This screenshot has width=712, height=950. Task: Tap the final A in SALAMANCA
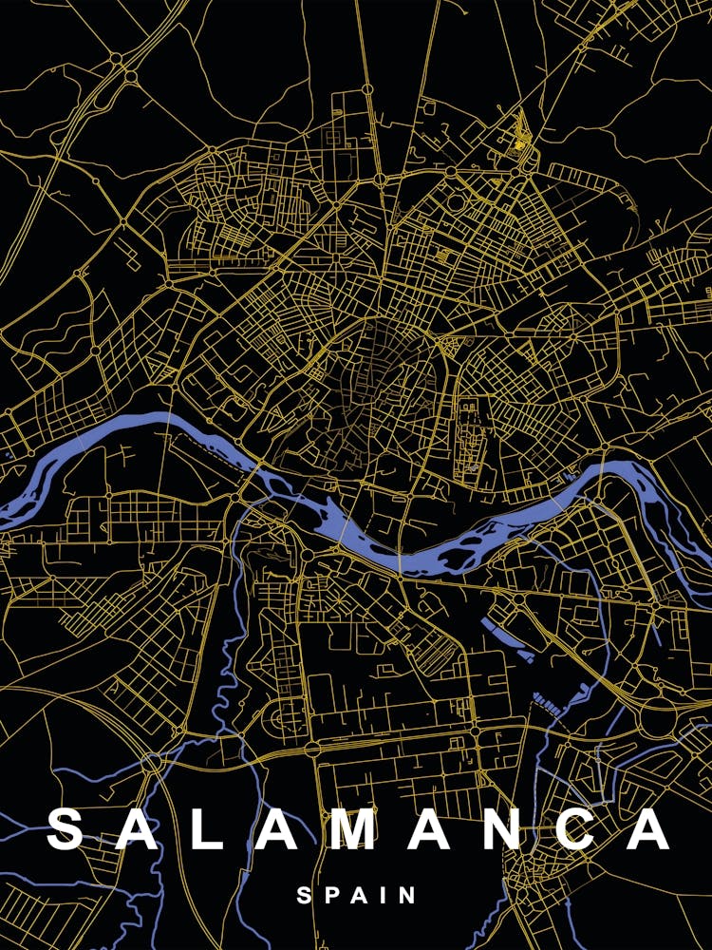click(x=649, y=829)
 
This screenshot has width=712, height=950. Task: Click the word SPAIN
click(x=356, y=895)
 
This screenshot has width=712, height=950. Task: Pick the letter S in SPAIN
click(x=304, y=895)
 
